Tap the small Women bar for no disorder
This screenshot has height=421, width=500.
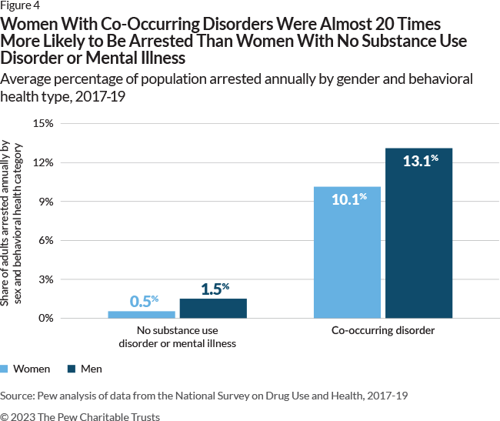[x=142, y=314]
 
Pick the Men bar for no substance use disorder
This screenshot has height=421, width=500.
[x=213, y=308]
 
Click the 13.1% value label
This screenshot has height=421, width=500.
[x=420, y=161]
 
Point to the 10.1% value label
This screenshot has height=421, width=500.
[x=348, y=199]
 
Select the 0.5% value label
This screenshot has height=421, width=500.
[x=142, y=301]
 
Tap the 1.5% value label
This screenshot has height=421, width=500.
[x=215, y=289]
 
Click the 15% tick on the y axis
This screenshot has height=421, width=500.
[x=42, y=123]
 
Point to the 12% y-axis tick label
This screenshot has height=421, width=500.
[x=42, y=162]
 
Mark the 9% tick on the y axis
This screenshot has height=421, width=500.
[x=45, y=202]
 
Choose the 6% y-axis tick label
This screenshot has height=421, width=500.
[x=45, y=240]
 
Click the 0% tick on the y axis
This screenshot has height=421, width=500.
[x=45, y=318]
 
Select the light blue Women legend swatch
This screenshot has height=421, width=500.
[x=6, y=369]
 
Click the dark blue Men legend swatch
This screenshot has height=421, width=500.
[x=73, y=369]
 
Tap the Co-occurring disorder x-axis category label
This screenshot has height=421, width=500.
[x=383, y=330]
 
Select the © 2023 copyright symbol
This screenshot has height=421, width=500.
[x=5, y=416]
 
